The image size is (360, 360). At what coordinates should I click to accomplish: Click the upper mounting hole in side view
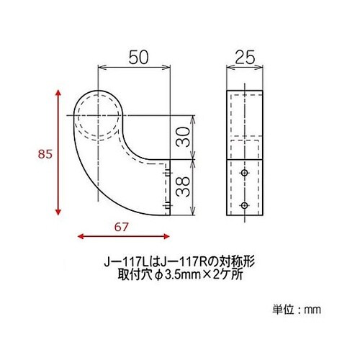click(244, 175)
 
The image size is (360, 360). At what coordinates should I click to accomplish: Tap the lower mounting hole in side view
click(244, 205)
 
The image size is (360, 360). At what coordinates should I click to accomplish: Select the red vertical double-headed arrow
click(56, 153)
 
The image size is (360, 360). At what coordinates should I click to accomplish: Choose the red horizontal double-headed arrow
click(122, 235)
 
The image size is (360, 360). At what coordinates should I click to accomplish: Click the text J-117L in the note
click(122, 263)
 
